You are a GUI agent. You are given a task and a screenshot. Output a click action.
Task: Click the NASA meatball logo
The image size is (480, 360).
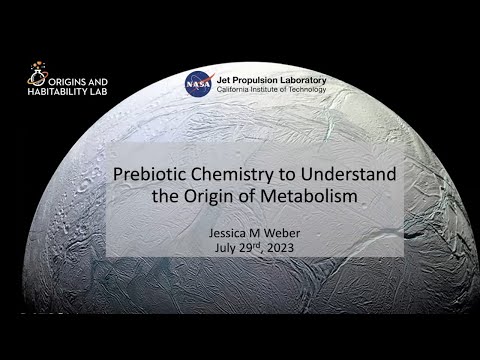tap(199, 84)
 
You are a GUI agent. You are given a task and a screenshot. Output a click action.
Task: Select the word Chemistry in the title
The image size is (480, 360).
tap(250, 174)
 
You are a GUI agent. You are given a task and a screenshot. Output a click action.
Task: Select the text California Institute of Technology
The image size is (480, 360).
tap(271, 90)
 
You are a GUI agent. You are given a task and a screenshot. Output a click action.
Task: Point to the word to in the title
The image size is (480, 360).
tap(302, 174)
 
